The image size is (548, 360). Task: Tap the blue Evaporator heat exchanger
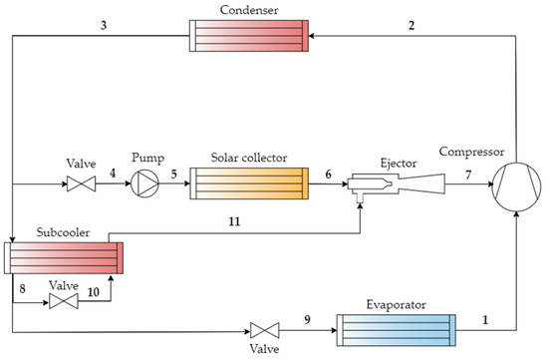tap(396, 328)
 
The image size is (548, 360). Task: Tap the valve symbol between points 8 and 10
tap(62, 301)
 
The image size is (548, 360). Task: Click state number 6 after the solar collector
tap(328, 173)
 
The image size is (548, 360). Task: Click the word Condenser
tap(251, 10)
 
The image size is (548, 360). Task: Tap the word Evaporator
tap(395, 302)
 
